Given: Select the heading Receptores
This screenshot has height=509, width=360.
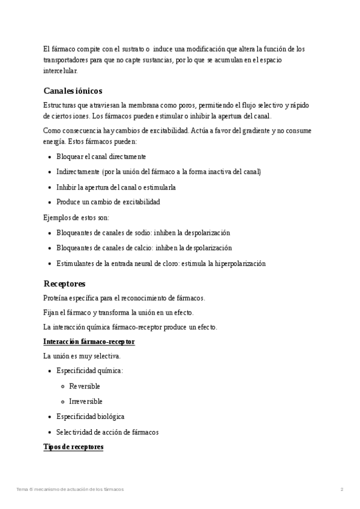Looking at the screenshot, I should tap(64, 283).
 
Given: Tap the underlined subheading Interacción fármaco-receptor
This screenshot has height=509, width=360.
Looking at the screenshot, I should tap(89, 342).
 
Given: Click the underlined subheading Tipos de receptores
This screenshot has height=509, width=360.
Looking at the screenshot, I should tap(73, 447).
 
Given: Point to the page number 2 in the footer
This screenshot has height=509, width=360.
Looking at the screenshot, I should tap(341, 490).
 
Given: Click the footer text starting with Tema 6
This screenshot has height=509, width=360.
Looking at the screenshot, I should tap(70, 490).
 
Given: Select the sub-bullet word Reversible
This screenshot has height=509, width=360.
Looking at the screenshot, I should tap(85, 386).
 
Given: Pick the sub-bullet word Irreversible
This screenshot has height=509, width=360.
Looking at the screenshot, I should tap(86, 401).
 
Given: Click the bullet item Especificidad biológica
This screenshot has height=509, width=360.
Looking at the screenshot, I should tap(90, 416).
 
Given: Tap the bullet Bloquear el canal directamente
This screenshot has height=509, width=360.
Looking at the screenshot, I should tap(101, 157).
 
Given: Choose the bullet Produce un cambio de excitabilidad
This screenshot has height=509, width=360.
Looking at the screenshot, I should tap(108, 202).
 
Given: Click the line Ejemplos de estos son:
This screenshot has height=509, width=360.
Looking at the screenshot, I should tap(76, 217).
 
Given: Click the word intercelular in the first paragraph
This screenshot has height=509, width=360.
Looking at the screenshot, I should tap(61, 71).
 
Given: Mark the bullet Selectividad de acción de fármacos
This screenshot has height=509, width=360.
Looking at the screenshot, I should tap(107, 432).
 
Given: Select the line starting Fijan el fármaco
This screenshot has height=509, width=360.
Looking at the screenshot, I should tap(118, 313).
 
